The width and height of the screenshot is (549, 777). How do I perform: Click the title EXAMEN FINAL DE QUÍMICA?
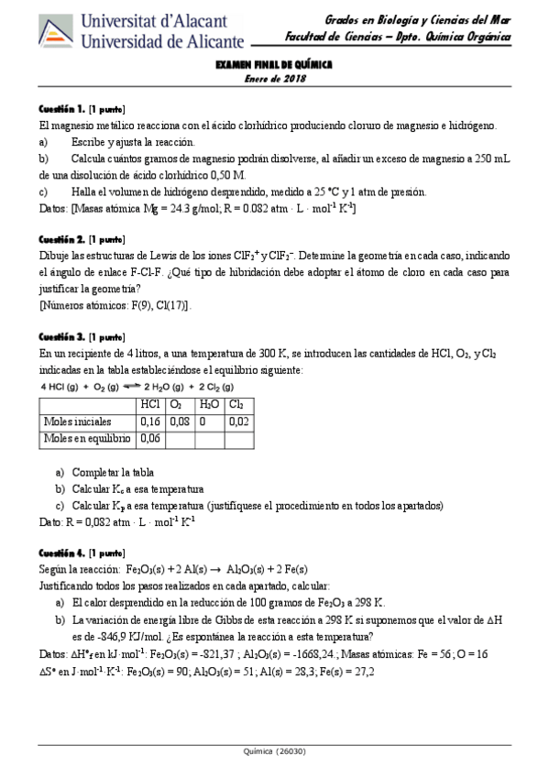click(x=274, y=66)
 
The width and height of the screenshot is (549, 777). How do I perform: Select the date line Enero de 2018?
click(x=274, y=79)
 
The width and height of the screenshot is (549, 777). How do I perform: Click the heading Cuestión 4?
click(x=62, y=553)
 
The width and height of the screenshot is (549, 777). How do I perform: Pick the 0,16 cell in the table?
click(x=149, y=421)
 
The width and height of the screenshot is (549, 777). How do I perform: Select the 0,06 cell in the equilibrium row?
click(x=149, y=439)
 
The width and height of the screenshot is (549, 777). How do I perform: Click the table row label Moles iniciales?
click(x=78, y=421)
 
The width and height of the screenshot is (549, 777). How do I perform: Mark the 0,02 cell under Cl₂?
click(x=238, y=421)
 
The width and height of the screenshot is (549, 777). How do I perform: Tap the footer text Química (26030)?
click(x=274, y=750)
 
